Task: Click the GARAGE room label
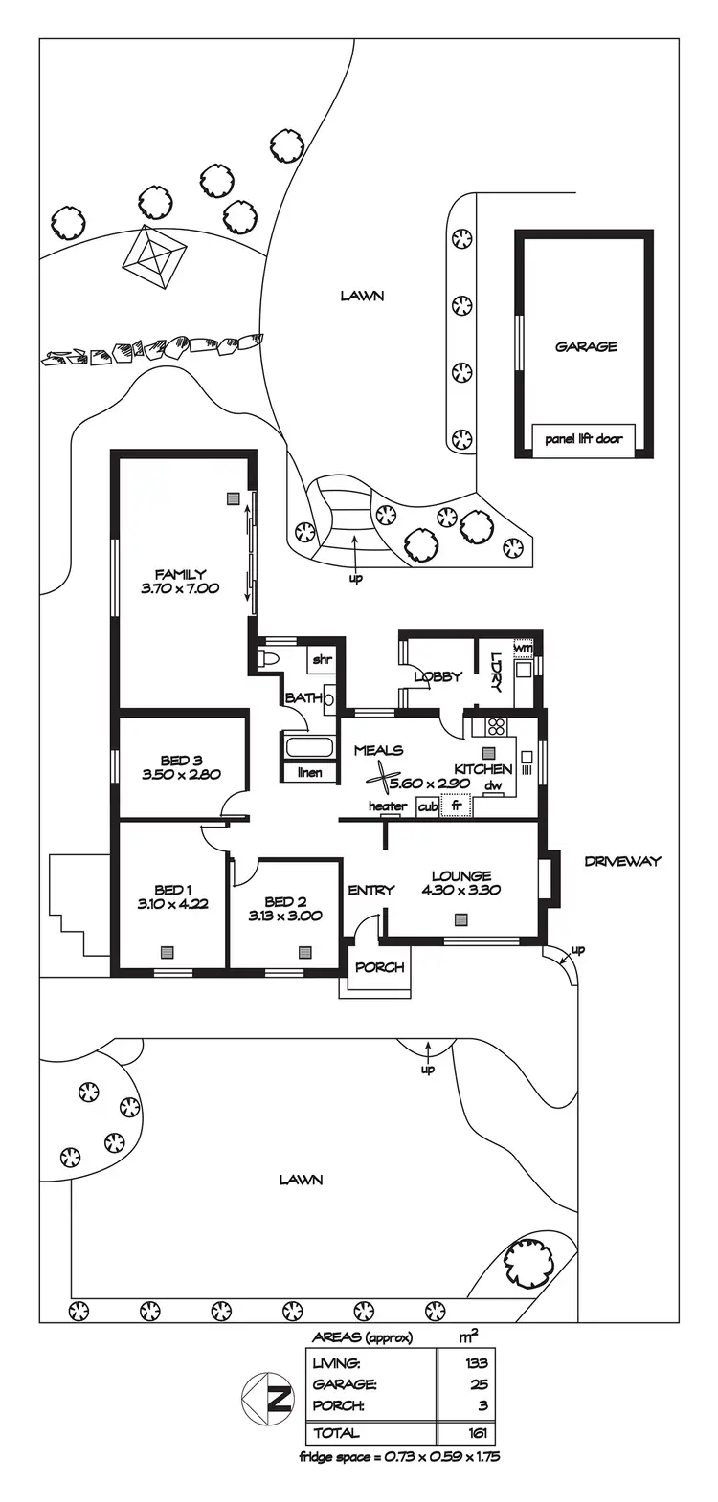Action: pos(586,347)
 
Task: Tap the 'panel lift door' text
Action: pos(583,439)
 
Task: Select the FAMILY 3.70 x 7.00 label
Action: pos(180,582)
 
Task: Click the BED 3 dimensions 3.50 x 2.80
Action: pos(181,775)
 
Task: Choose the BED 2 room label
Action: pos(284,902)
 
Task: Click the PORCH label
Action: pos(379,967)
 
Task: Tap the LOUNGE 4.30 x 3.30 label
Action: pos(460,882)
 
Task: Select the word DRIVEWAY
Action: pos(622,861)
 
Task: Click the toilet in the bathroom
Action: pos(267,659)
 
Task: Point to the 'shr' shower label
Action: pos(321,659)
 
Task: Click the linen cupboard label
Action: pos(309,772)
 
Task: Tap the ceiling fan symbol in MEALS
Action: pos(383,780)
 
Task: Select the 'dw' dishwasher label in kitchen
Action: pos(493,786)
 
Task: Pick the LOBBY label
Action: pos(438,676)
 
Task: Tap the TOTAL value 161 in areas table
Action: pos(479,1433)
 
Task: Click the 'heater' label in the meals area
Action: pos(388,806)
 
